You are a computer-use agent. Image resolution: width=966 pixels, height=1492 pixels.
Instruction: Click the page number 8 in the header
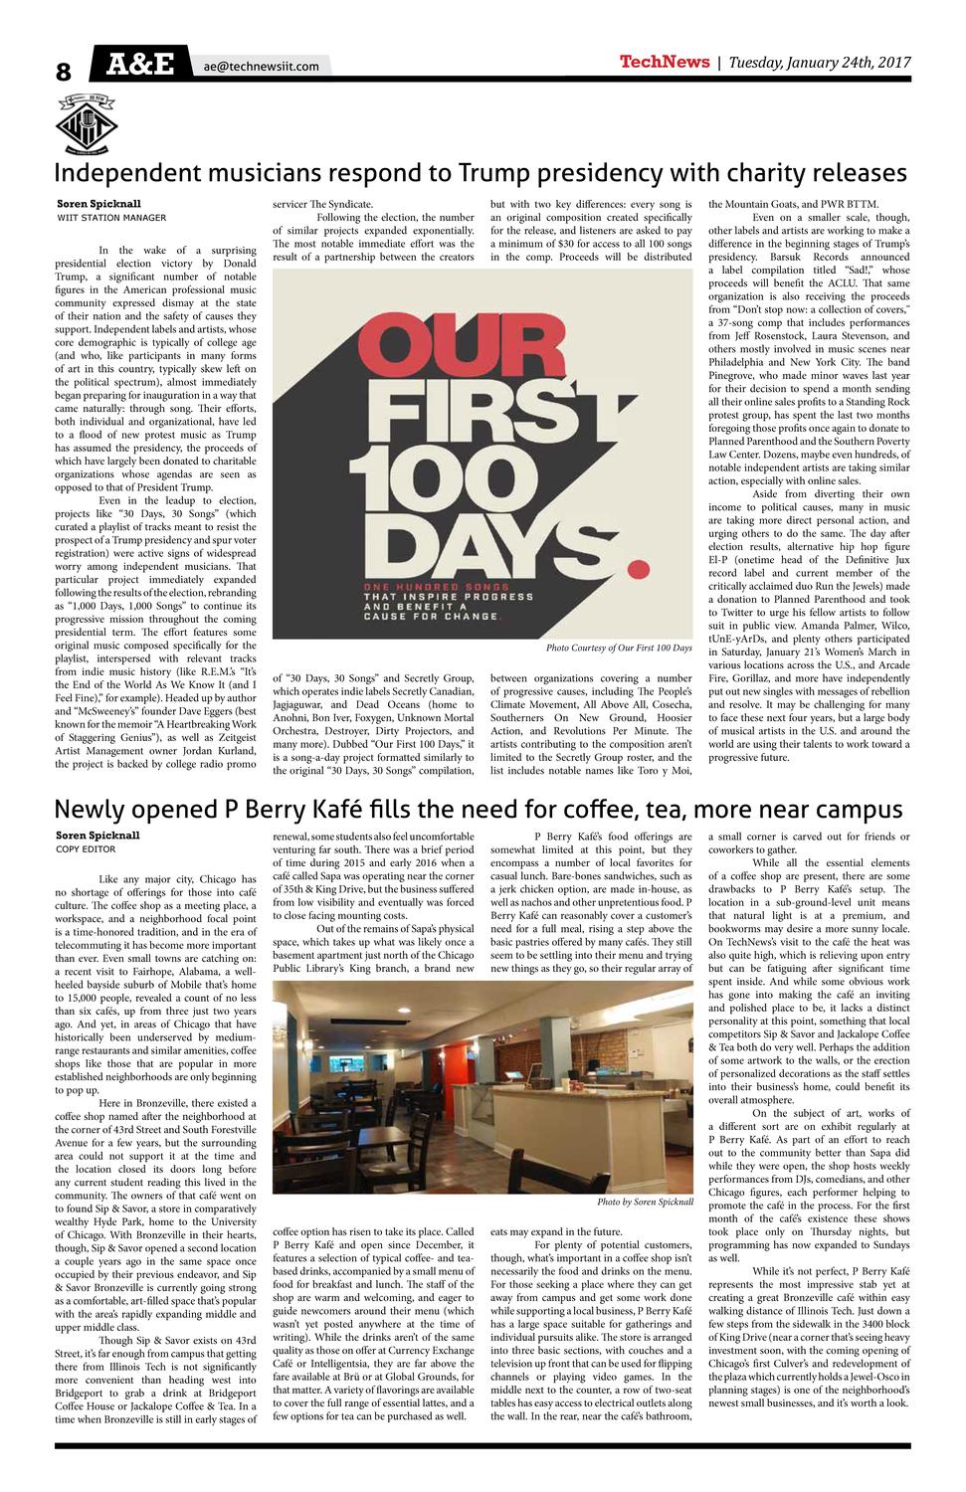click(x=64, y=72)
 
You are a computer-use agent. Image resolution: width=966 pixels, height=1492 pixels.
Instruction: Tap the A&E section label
click(x=139, y=65)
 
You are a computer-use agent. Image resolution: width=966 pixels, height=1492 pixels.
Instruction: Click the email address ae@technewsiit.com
click(x=262, y=67)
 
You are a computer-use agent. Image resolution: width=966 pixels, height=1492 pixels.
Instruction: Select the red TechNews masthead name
click(x=664, y=63)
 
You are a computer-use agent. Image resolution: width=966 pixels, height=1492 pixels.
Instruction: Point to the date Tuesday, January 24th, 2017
click(x=820, y=63)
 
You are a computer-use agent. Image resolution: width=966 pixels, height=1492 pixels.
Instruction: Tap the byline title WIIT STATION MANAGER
click(x=111, y=217)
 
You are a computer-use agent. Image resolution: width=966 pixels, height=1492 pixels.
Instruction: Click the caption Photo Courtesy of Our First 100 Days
click(x=619, y=648)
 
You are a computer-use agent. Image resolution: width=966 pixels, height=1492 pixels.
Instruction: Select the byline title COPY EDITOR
click(x=86, y=849)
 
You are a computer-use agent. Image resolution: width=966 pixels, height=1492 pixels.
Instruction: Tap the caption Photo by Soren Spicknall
click(x=645, y=1203)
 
